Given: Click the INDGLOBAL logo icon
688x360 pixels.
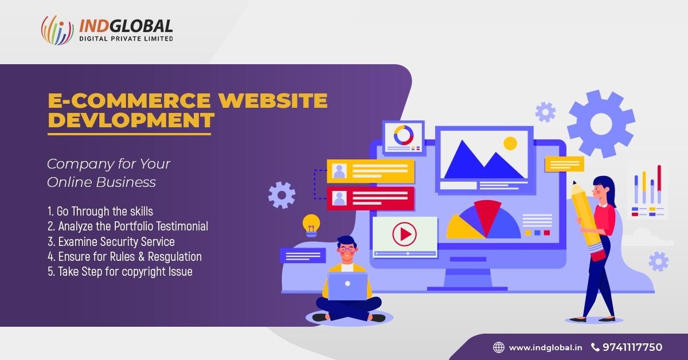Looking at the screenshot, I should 57,30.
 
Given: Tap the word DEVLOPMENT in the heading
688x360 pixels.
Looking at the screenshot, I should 131,120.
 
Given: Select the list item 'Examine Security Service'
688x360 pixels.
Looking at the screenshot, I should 111,241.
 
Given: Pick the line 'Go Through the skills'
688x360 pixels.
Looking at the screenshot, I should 100,212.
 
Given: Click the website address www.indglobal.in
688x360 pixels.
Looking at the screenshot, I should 545,347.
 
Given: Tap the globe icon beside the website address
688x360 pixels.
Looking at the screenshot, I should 499,347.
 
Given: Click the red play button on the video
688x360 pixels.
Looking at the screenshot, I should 404,234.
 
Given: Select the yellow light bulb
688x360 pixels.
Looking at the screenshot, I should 311,224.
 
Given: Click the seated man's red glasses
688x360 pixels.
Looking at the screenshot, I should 347,249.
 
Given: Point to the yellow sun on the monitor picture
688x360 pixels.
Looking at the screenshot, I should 510,143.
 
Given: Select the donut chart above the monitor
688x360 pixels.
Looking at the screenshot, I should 404,135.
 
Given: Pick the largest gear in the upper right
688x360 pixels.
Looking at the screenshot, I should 601,123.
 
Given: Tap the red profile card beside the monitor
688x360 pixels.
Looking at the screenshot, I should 370,198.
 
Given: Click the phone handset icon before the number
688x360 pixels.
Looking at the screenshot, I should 595,347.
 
